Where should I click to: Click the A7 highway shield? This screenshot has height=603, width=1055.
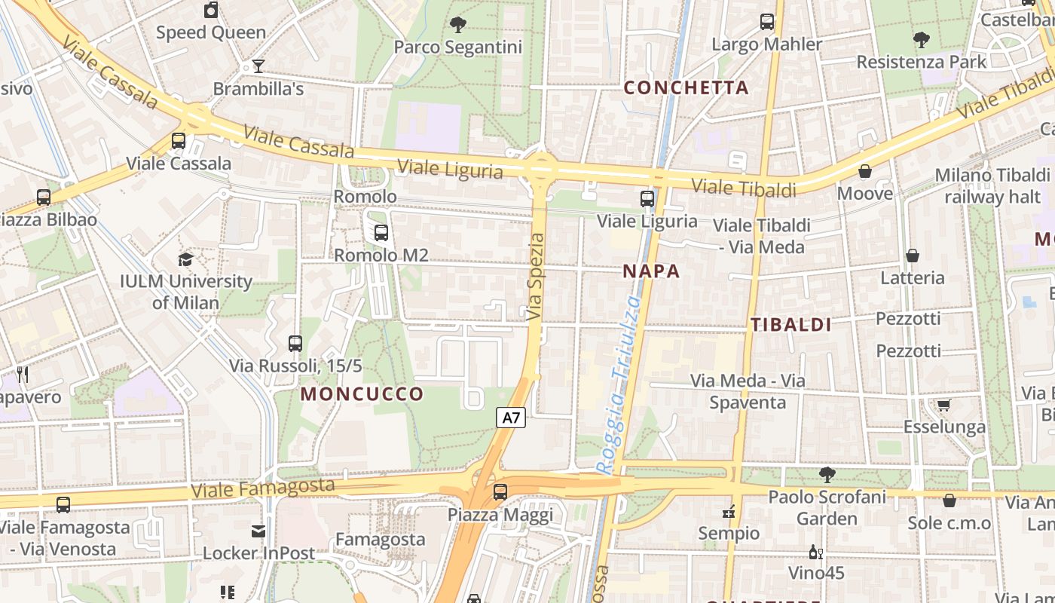tap(511, 418)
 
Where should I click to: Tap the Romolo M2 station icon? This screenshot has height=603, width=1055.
tap(381, 233)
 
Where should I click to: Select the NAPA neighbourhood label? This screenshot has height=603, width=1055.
tap(652, 271)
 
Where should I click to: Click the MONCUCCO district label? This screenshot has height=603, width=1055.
tap(362, 394)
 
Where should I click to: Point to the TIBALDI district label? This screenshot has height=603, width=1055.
tap(791, 325)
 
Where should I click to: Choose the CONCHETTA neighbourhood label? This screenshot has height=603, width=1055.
tap(687, 87)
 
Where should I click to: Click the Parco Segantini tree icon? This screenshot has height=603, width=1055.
tap(457, 26)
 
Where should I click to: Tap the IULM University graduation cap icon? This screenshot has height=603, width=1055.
tap(185, 260)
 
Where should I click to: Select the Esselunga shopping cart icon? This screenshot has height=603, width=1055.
tap(944, 406)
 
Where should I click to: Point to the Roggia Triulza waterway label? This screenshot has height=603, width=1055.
tap(620, 384)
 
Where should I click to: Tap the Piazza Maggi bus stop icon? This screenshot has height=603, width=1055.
tap(500, 493)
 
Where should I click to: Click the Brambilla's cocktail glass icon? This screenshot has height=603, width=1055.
tap(258, 66)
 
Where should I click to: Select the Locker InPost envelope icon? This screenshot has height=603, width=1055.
tap(258, 531)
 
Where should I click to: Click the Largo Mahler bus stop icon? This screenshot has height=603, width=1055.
tap(767, 22)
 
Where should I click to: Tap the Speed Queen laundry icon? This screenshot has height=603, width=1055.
tap(211, 11)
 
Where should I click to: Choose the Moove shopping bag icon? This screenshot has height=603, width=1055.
tap(865, 172)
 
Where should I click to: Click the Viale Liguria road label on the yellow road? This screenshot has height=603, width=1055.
tap(450, 170)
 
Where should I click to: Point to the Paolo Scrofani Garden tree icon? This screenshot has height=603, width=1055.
tap(827, 475)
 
